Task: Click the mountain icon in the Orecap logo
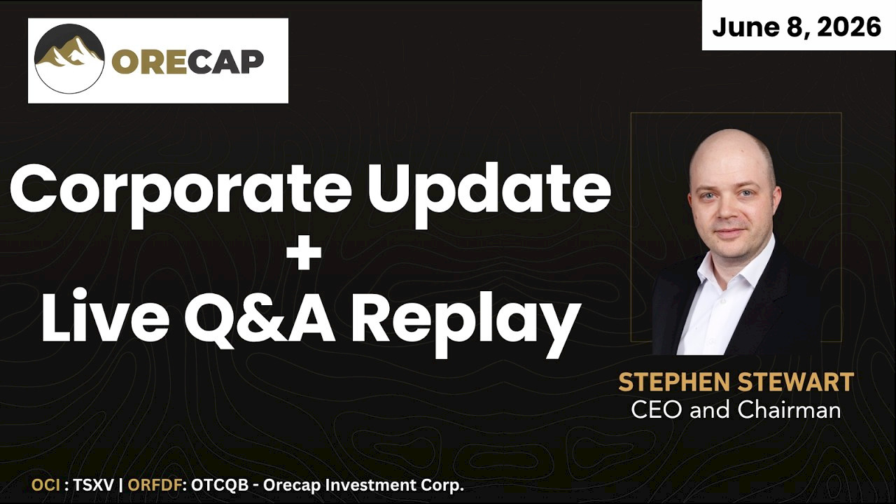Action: pos(69,58)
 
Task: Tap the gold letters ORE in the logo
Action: pos(149,62)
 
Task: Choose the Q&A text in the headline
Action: pos(260,317)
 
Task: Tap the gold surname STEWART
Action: pos(796,382)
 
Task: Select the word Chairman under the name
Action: pos(789,410)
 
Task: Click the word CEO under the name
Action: pos(656,410)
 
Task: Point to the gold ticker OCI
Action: pos(45,485)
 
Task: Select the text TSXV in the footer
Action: pos(94,485)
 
